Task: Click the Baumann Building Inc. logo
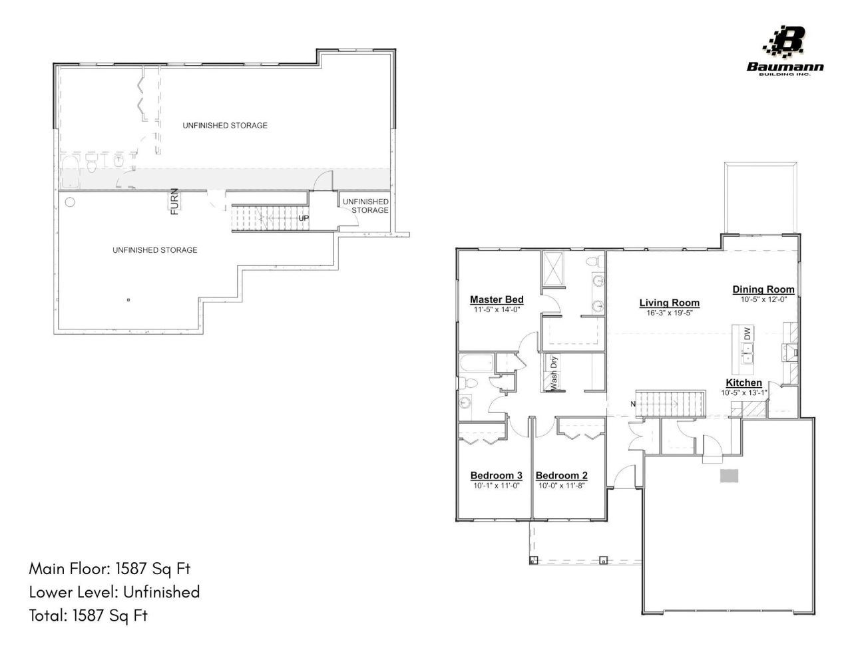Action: (785, 51)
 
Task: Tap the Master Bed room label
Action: (497, 299)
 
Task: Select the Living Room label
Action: (670, 303)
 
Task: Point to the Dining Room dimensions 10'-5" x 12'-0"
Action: (763, 299)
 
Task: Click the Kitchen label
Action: (744, 383)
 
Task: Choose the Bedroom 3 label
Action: (497, 476)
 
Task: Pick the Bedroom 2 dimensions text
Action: (562, 486)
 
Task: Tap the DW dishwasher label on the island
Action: (747, 333)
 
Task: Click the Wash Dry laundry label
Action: (554, 373)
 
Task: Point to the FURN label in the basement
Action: (174, 202)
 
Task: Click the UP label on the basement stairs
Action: (304, 218)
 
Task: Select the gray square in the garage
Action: (730, 476)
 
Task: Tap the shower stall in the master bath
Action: (553, 269)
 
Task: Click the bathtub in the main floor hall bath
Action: (477, 363)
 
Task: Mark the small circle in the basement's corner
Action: (70, 202)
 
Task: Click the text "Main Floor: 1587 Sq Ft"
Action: (110, 569)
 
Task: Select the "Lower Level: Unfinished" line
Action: (114, 591)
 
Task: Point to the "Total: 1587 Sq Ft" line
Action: (89, 615)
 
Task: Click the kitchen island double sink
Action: (747, 353)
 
